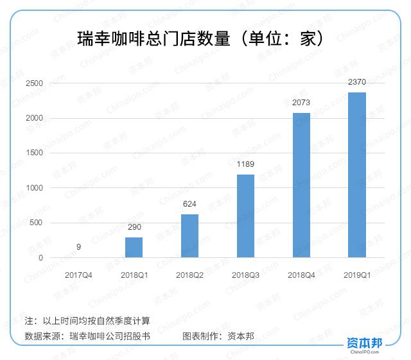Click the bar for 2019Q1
point(357,175)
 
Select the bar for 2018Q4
point(301,185)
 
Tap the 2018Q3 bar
point(245,216)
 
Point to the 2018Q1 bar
point(134,248)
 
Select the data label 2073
point(301,103)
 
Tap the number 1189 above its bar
point(245,164)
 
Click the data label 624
point(189,204)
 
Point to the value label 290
point(134,228)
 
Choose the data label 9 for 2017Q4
point(78,247)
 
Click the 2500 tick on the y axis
point(35,83)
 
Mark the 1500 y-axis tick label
point(35,153)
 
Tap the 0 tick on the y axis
point(40,258)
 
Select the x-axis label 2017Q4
point(78,275)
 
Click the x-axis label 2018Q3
point(245,275)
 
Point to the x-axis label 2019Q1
point(357,275)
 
